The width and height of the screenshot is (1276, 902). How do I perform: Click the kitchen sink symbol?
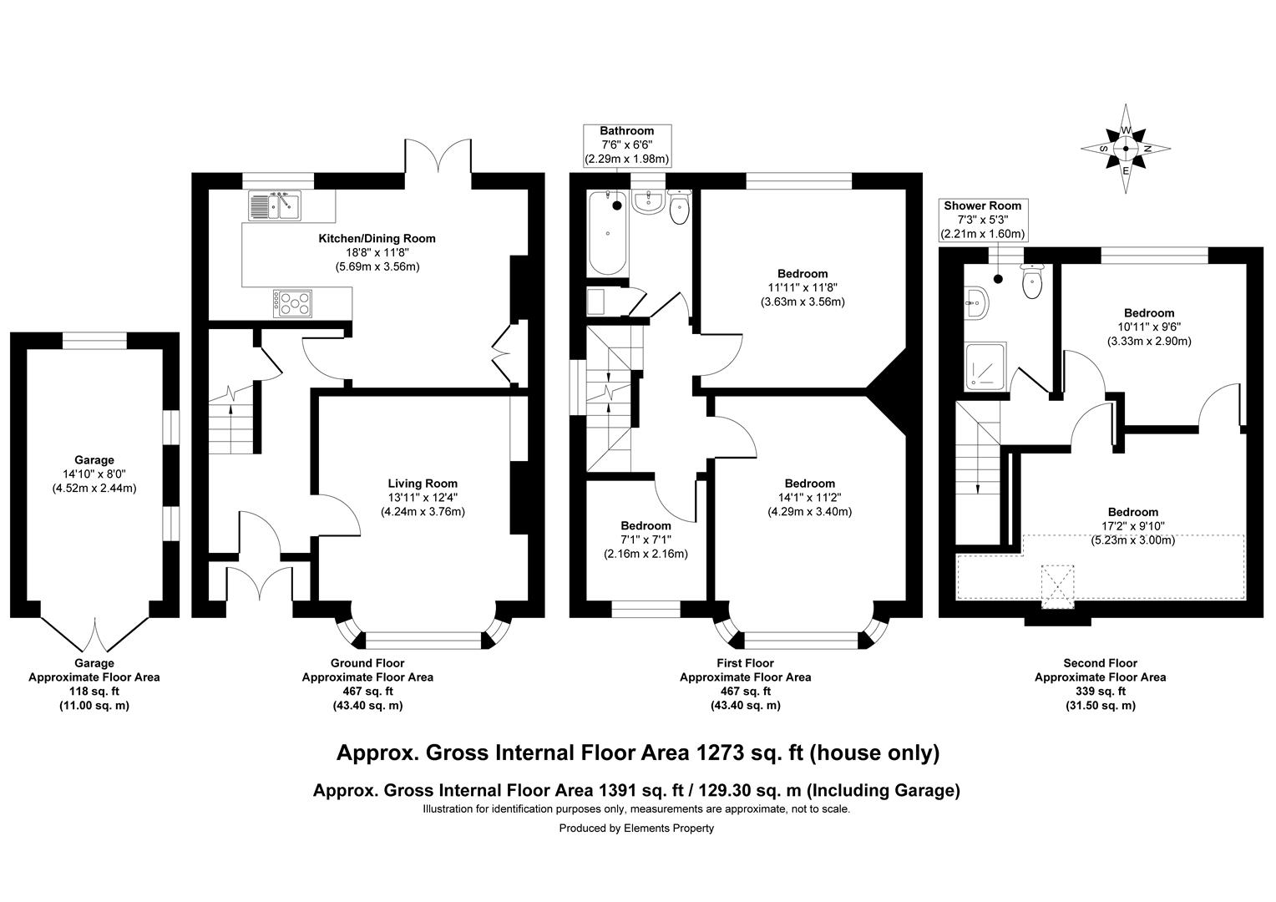[x=275, y=205]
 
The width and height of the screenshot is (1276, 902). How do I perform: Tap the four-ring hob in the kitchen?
[x=292, y=304]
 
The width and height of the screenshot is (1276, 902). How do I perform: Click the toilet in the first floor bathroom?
[x=679, y=207]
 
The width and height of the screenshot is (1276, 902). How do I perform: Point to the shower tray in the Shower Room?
[x=986, y=367]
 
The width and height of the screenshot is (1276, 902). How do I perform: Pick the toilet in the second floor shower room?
[x=1032, y=281]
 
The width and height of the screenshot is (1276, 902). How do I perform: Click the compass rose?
[x=1126, y=149]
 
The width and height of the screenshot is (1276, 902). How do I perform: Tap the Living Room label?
[x=423, y=484]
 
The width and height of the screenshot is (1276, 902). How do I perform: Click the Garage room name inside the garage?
[x=94, y=460]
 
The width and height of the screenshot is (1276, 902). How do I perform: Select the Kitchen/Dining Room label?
[x=377, y=239]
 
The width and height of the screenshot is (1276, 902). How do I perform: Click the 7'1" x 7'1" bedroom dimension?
[x=646, y=539]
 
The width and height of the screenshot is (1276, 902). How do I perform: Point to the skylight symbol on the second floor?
[x=1058, y=587]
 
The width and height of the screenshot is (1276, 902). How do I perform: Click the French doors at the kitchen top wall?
[x=438, y=155]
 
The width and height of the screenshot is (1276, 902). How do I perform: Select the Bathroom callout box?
[x=627, y=145]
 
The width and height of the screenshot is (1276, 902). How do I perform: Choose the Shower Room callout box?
[x=983, y=220]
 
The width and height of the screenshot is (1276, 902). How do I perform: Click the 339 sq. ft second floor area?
[x=1101, y=692]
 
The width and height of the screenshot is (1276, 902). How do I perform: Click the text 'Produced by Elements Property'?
[x=636, y=828]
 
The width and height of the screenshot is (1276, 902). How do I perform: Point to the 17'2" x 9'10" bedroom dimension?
[x=1133, y=526]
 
